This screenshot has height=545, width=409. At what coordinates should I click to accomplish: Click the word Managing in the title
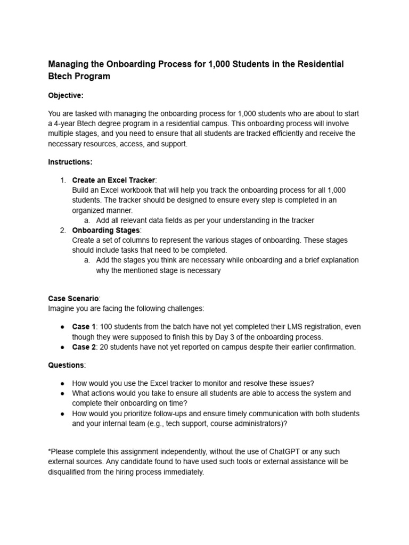coord(69,64)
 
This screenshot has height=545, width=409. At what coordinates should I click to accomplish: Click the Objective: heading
coord(66,95)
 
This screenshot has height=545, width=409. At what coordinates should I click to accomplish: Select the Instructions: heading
coord(70,162)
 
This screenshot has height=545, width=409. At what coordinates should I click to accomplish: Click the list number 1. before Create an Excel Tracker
coord(63,180)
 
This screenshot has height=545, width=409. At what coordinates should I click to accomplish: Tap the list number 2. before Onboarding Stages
coord(63,230)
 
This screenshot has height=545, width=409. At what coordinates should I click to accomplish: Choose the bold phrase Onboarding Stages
coord(105,230)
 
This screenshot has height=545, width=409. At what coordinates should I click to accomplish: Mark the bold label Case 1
coord(84,327)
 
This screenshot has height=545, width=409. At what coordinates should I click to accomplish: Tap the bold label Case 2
coord(84,347)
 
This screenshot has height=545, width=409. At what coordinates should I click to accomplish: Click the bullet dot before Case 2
coord(62,347)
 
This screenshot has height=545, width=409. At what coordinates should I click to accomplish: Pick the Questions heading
coord(66,365)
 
